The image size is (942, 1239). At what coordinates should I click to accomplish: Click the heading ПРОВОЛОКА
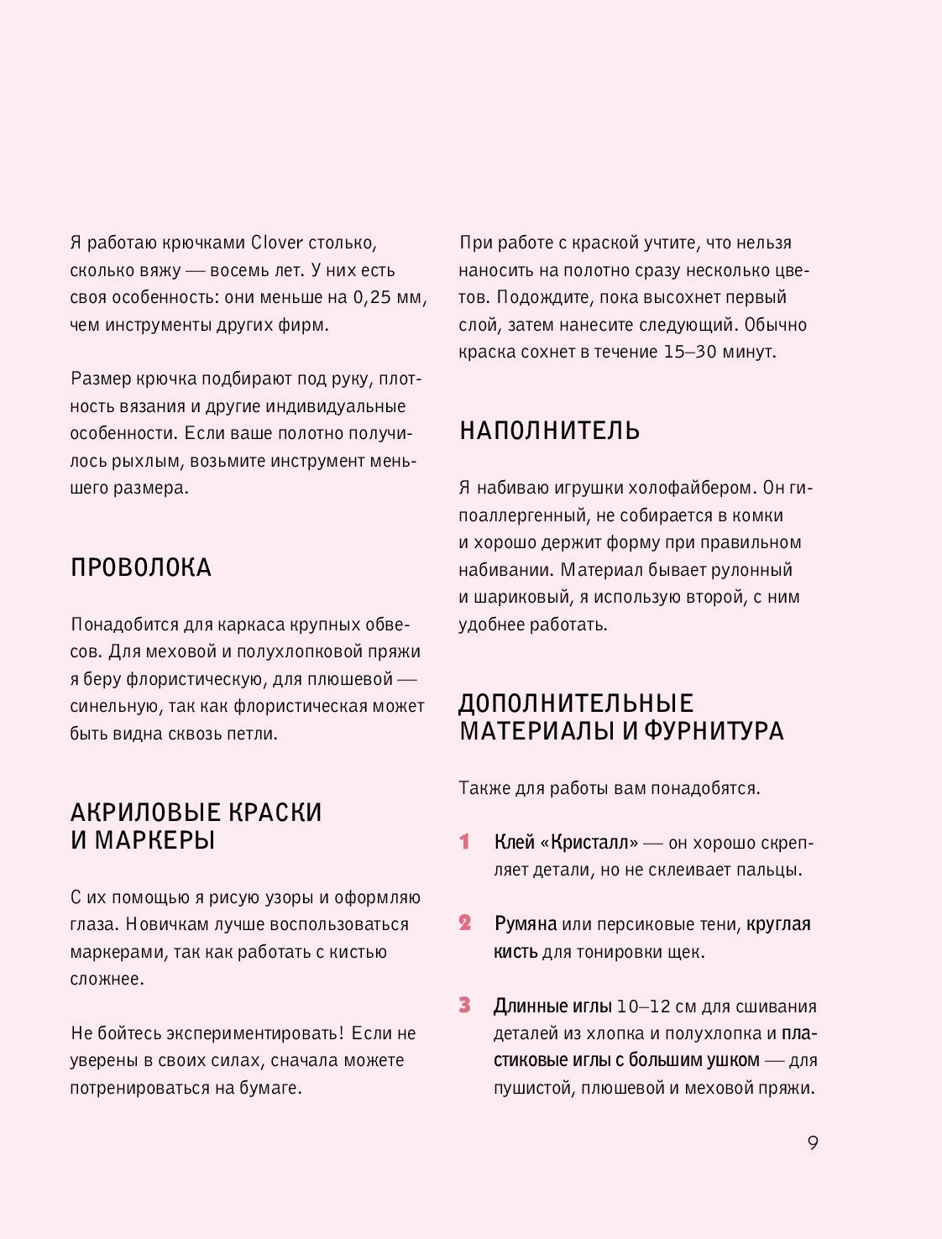click(140, 567)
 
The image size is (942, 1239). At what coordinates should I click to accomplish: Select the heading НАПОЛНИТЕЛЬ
click(549, 431)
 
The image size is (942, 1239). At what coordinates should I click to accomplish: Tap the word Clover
click(277, 243)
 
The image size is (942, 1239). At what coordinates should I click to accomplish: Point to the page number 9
click(812, 1142)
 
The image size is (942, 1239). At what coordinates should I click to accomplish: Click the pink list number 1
click(464, 841)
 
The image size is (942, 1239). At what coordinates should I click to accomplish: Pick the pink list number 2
click(465, 923)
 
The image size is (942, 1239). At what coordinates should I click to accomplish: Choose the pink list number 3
click(465, 1005)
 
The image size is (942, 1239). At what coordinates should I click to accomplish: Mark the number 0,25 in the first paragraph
click(374, 297)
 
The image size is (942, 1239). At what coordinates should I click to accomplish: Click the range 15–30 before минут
click(690, 352)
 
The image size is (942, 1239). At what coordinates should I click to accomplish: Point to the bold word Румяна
click(526, 923)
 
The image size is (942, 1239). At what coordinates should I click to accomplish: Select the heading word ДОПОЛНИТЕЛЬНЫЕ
click(576, 703)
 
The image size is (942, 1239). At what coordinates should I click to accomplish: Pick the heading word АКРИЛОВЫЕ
click(145, 813)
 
